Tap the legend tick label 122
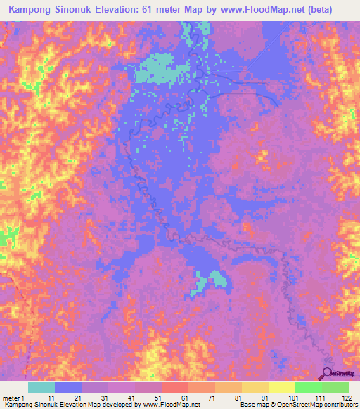click(346, 398)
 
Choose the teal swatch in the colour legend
click(41, 387)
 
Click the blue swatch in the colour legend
click(68, 387)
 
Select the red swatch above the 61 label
click(175, 387)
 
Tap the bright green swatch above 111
click(308, 387)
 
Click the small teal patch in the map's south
click(219, 279)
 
